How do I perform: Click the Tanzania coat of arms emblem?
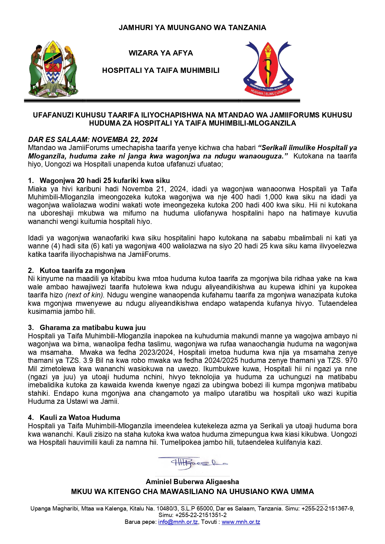[53, 69]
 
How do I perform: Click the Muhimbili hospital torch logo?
[268, 69]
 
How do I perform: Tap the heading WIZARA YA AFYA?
[161, 53]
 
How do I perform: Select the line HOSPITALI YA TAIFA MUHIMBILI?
[161, 70]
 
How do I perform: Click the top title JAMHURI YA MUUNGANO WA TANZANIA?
[192, 28]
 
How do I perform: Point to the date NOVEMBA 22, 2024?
[125, 140]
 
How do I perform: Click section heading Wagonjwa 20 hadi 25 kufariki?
[105, 181]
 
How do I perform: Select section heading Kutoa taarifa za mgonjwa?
[82, 270]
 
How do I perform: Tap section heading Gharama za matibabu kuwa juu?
[92, 328]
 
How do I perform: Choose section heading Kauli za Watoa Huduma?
[80, 417]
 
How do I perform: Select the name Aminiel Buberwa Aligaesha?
[192, 482]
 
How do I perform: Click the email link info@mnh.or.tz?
[178, 522]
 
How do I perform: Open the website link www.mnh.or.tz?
[241, 522]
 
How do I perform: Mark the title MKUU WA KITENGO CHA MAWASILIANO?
[192, 492]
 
